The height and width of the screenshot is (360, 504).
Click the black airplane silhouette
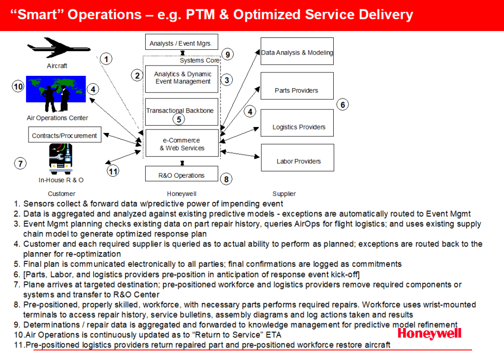[x=59, y=48]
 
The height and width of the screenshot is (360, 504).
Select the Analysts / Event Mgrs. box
[x=182, y=42]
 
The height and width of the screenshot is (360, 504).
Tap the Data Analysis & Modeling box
[x=297, y=51]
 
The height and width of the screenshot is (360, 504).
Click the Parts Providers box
[x=297, y=86]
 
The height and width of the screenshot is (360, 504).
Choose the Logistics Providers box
[x=297, y=123]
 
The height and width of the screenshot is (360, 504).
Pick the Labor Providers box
[x=298, y=158]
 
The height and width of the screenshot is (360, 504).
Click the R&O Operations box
[x=182, y=174]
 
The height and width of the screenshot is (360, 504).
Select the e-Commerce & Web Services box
[x=182, y=143]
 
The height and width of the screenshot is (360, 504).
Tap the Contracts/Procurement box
[x=64, y=134]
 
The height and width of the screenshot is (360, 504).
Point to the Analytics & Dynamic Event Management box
[x=182, y=79]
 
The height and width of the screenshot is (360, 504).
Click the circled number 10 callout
[x=18, y=86]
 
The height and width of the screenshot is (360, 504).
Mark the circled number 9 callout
[x=227, y=54]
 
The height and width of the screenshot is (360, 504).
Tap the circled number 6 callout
[x=343, y=104]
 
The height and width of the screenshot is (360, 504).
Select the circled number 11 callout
[x=113, y=171]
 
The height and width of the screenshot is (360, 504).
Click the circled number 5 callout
[x=179, y=119]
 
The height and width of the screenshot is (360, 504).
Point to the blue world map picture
[x=56, y=89]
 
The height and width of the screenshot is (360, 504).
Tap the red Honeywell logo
[x=429, y=333]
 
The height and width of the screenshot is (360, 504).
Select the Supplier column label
[x=284, y=194]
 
